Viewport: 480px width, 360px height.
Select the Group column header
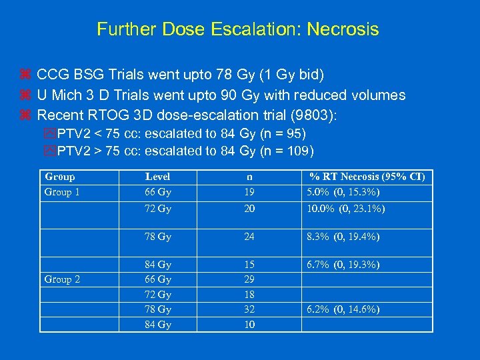[59, 177]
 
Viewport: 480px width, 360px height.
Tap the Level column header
[157, 177]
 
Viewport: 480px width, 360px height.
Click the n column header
[249, 177]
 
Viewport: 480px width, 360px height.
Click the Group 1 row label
[62, 192]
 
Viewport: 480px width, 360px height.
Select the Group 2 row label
[62, 279]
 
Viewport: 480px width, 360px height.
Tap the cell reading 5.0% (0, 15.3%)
[343, 192]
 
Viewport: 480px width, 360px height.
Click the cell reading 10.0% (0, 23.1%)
[346, 208]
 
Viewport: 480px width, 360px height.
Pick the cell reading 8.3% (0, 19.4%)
[343, 237]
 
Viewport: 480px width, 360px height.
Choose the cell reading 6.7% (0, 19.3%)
[343, 265]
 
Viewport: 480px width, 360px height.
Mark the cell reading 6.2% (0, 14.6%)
[343, 309]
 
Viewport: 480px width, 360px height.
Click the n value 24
[249, 237]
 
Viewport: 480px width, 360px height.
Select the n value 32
[249, 309]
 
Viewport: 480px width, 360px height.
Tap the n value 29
[249, 279]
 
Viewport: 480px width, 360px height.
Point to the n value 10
[249, 325]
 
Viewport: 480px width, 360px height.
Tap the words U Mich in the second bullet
[57, 95]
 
